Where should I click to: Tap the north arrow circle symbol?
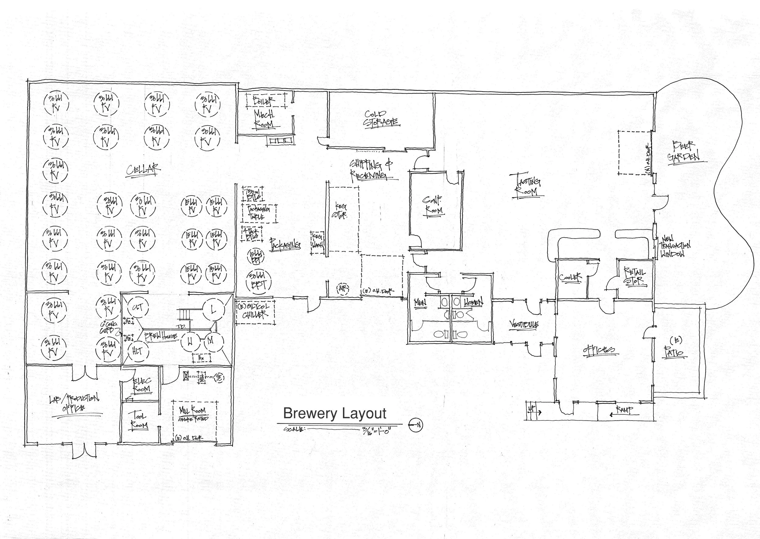point(415,425)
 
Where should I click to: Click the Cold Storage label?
point(381,119)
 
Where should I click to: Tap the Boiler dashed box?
point(265,100)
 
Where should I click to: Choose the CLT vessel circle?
point(137,308)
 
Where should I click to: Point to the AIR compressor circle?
point(342,289)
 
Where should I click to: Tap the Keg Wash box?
point(317,242)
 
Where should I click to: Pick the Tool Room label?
point(139,420)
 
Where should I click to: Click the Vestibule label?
point(524,325)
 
